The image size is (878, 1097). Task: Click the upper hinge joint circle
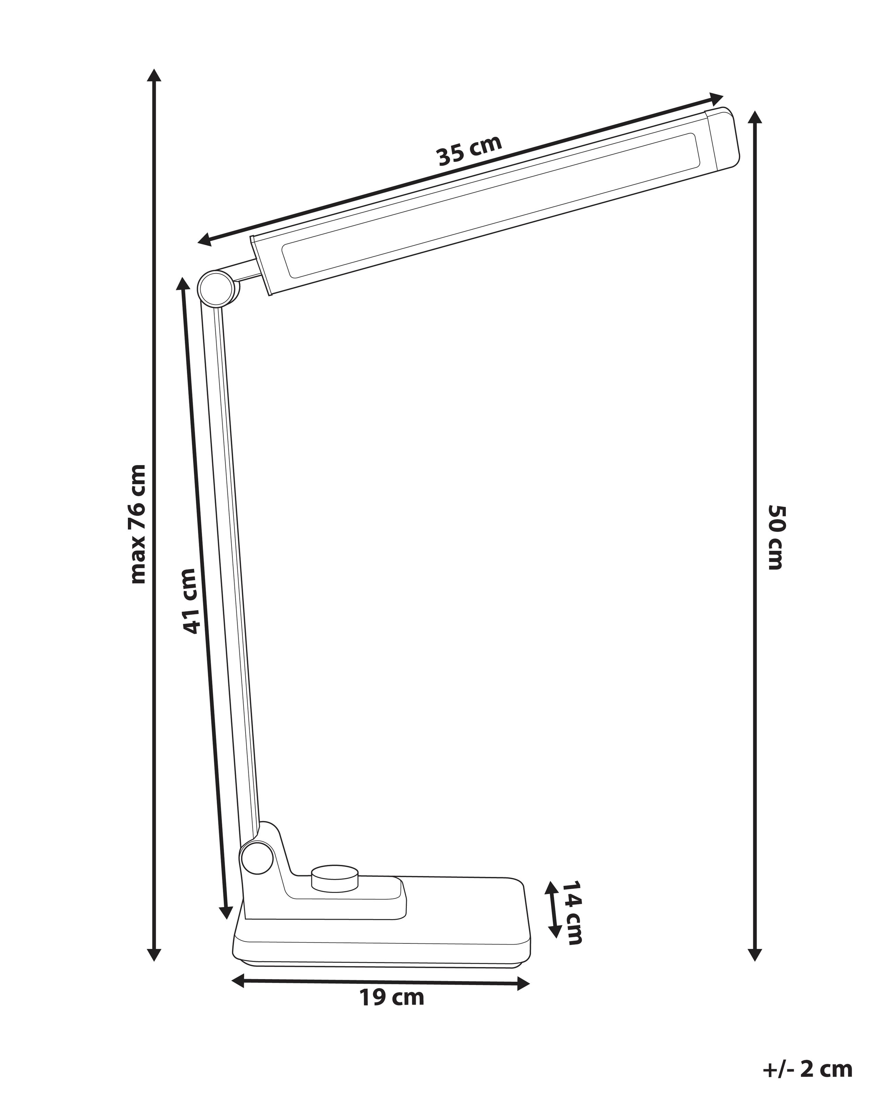click(218, 289)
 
